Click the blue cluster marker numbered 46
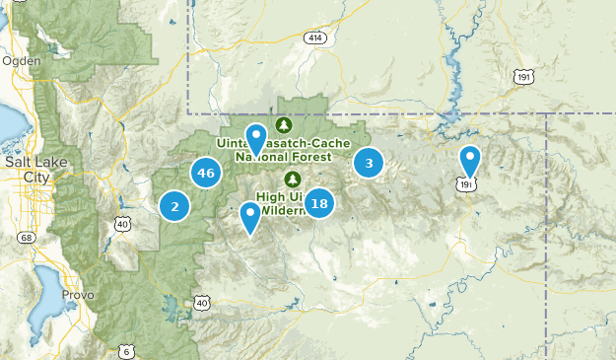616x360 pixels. click(x=206, y=173)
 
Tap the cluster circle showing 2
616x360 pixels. click(x=174, y=206)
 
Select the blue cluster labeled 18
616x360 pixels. click(x=318, y=203)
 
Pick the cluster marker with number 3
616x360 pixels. click(x=369, y=163)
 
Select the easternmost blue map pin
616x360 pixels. click(x=471, y=162)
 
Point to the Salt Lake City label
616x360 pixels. click(x=27, y=168)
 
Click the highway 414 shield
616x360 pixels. click(x=314, y=38)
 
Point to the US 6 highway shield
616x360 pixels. click(x=126, y=351)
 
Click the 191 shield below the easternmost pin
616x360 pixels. click(x=465, y=183)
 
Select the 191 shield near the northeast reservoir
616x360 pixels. click(x=522, y=76)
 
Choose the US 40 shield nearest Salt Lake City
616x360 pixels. click(x=123, y=225)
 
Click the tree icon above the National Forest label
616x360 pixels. click(x=284, y=125)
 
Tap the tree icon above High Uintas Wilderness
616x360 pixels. click(x=292, y=179)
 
